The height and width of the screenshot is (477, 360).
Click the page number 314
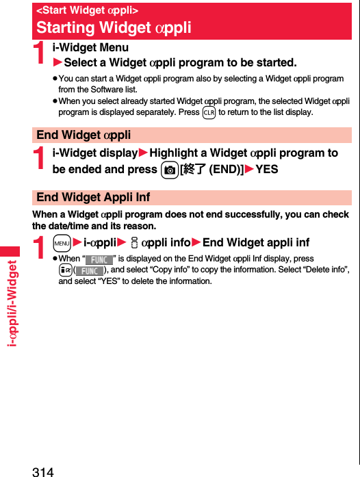42,470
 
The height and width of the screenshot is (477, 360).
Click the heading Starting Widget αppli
114,28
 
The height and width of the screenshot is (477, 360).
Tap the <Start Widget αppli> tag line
87,10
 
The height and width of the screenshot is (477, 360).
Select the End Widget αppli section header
83,135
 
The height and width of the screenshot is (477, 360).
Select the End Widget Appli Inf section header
93,197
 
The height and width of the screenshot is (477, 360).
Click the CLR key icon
209,112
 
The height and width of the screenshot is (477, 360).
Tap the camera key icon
169,169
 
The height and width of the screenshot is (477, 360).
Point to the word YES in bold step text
266,169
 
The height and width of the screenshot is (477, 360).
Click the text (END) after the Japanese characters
227,169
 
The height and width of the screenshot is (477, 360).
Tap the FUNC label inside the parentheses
89,270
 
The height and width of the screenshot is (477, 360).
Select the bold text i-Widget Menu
90,48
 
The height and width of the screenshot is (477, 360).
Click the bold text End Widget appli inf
256,242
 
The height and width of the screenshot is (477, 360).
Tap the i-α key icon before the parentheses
65,270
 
